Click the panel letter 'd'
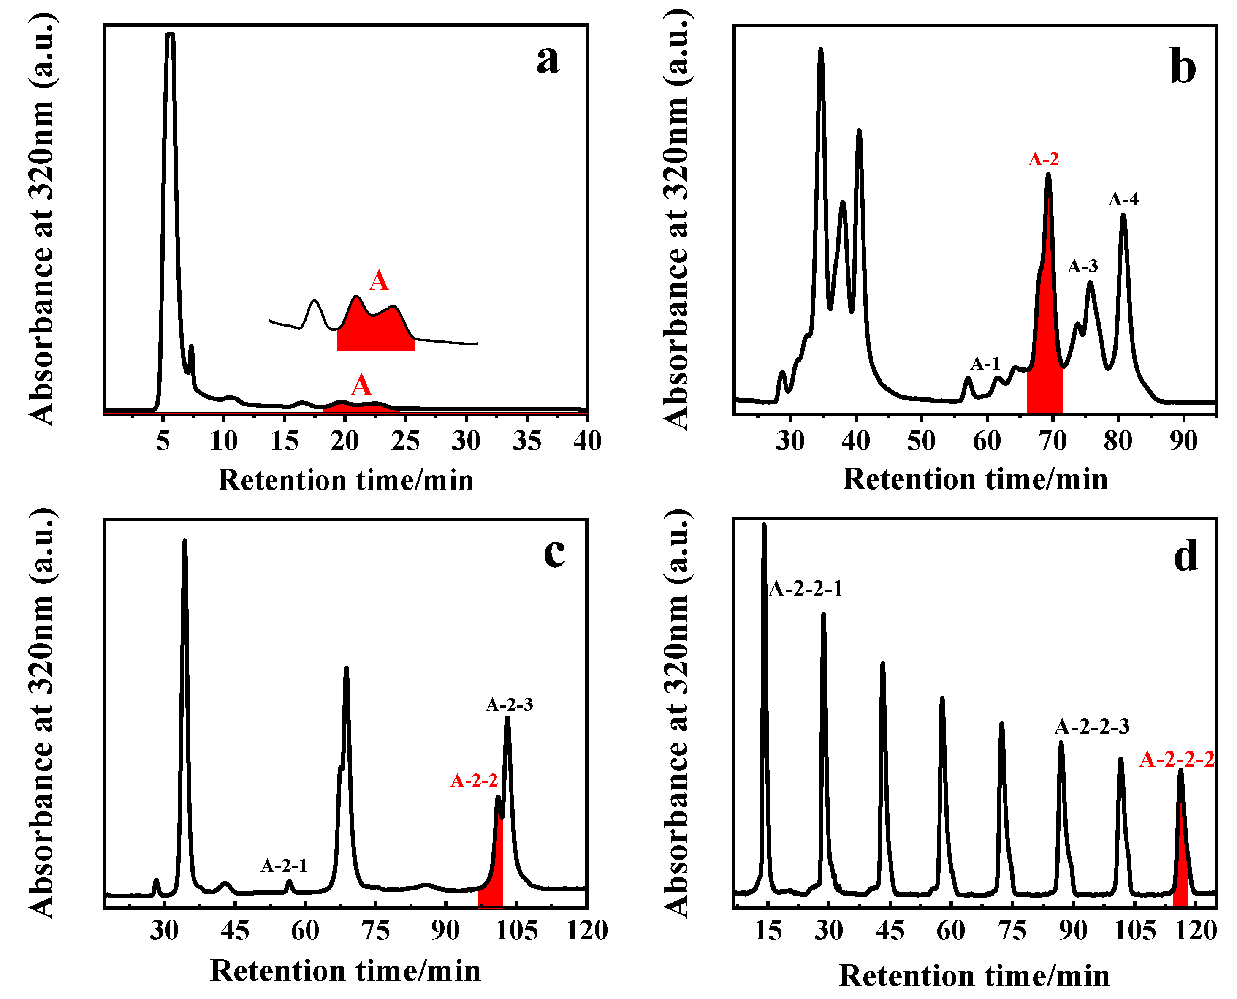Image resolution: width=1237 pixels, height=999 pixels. (x=1185, y=557)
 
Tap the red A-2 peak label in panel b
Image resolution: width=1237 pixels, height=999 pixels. (x=1043, y=159)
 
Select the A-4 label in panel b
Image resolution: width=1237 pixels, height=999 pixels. (x=1123, y=200)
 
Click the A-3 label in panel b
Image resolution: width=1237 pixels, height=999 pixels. (x=1082, y=266)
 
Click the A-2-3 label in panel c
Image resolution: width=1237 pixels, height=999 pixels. (x=509, y=705)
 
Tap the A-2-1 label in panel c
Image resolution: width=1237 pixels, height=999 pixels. (x=284, y=866)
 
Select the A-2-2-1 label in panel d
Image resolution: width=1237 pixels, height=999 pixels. (x=805, y=589)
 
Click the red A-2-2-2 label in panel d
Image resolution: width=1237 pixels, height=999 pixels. (x=1177, y=759)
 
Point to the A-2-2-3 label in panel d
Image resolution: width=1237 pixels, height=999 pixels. (x=1091, y=727)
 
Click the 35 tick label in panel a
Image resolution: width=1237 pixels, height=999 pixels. (x=527, y=441)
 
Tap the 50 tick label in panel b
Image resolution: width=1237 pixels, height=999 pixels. (x=921, y=441)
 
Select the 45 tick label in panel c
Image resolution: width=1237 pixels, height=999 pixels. (x=235, y=931)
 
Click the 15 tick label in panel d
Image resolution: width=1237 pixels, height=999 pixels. (x=768, y=931)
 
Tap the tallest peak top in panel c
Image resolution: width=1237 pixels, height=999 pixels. (x=184, y=542)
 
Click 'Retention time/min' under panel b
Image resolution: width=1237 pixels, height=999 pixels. (x=975, y=479)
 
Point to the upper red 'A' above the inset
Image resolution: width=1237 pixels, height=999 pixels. (x=378, y=281)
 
